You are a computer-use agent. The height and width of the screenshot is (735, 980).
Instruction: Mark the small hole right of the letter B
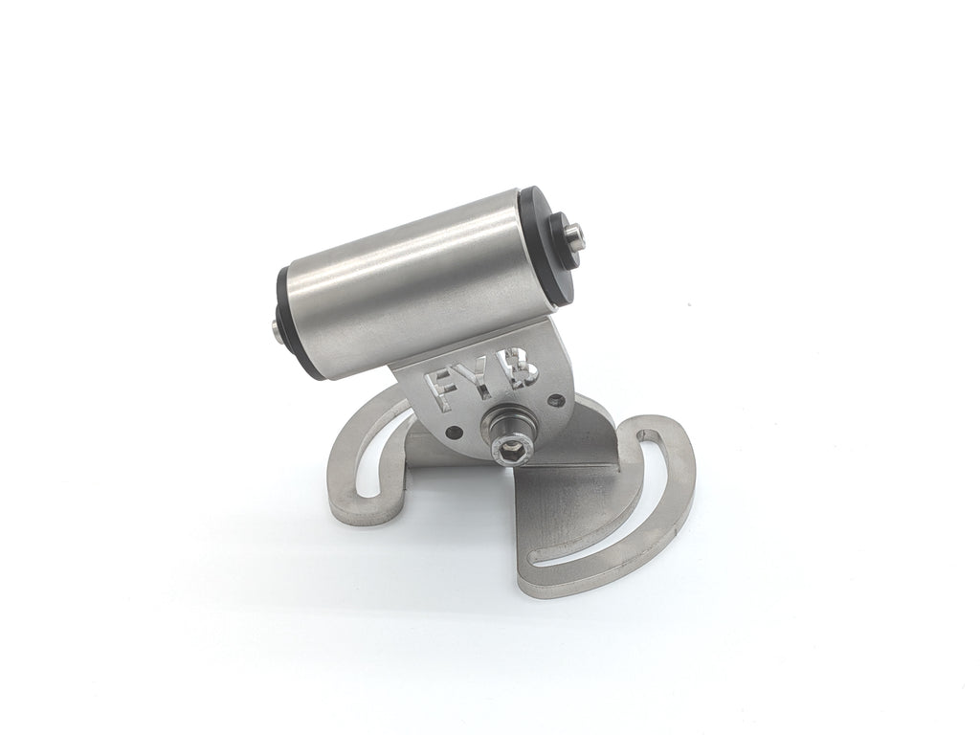[553, 399]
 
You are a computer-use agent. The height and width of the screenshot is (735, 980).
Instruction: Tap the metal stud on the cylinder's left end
[277, 329]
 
